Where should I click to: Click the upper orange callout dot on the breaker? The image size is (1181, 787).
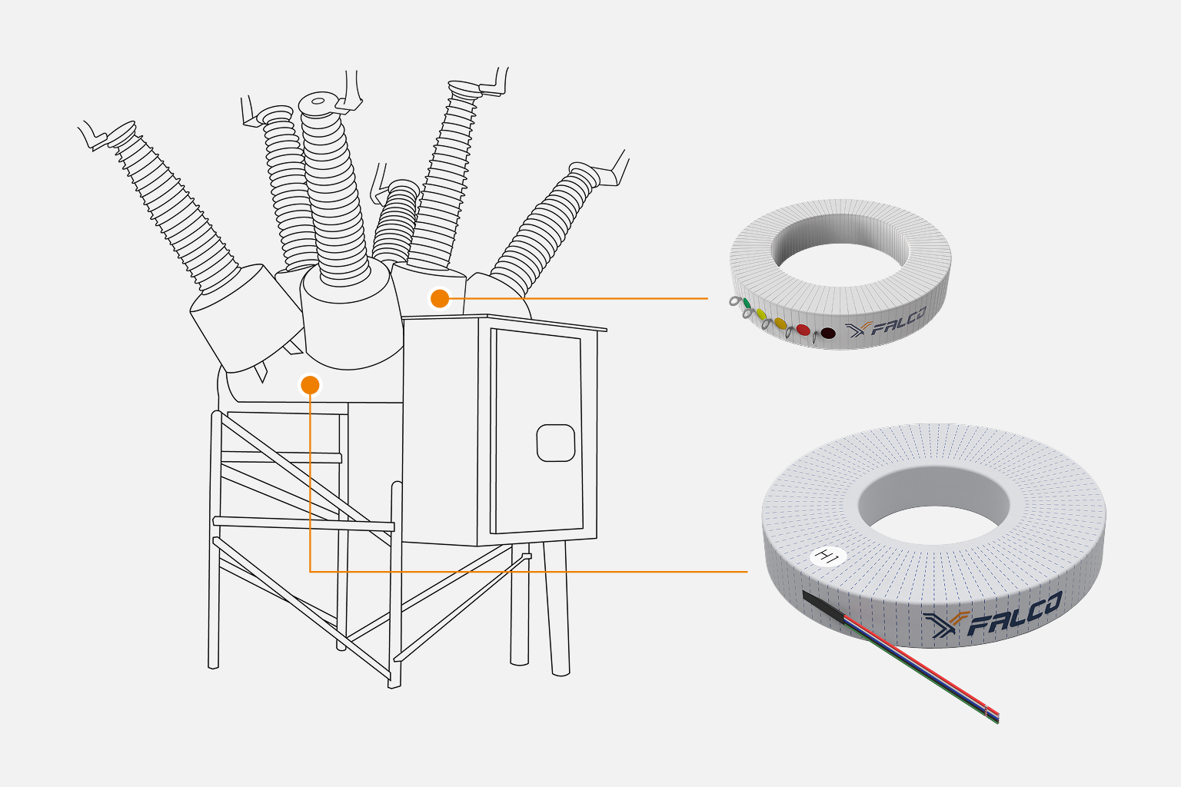[439, 298]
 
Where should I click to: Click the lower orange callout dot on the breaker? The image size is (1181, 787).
[310, 384]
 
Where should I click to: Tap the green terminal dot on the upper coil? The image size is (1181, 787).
[747, 304]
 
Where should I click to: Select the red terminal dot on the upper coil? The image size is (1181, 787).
[803, 329]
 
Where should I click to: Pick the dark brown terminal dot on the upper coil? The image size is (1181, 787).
[827, 334]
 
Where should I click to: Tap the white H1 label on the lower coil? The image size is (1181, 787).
[828, 556]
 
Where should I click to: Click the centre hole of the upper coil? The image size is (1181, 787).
[840, 241]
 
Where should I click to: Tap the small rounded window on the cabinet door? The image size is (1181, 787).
[556, 443]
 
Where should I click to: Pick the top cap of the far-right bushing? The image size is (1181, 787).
[586, 170]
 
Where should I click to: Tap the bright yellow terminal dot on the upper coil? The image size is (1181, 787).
[760, 314]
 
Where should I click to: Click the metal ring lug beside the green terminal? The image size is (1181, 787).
[735, 301]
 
